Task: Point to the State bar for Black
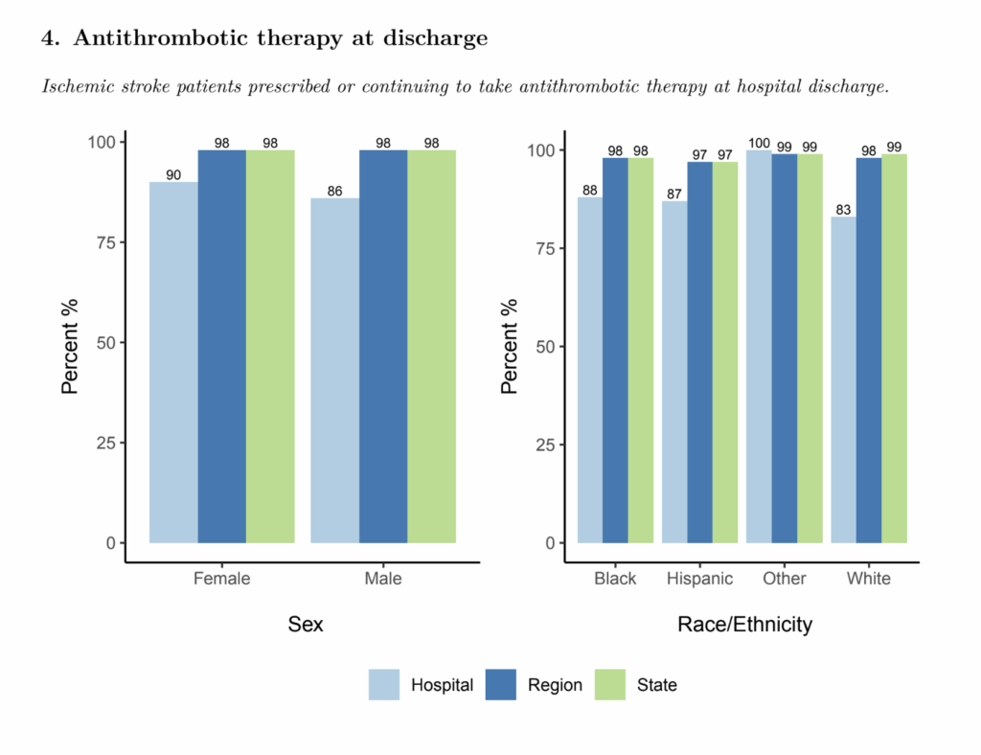coord(640,351)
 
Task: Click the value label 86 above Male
coord(334,192)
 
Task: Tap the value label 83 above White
coord(843,210)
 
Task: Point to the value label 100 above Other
coord(759,144)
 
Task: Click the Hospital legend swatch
coord(384,684)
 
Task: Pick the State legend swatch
coord(609,684)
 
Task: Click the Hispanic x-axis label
coord(699,579)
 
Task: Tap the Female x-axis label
coord(221,579)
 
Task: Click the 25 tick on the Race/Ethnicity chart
coord(544,445)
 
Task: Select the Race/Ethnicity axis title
coord(744,625)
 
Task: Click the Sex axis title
coord(306,625)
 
